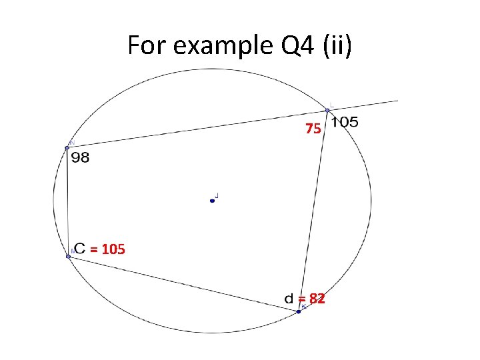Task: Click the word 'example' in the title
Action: pyautogui.click(x=213, y=45)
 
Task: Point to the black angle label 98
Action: pyautogui.click(x=79, y=159)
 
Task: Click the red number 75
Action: pyautogui.click(x=313, y=129)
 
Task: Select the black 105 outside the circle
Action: pyautogui.click(x=345, y=122)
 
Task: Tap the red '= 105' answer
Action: pyautogui.click(x=107, y=250)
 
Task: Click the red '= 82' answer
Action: pyautogui.click(x=311, y=299)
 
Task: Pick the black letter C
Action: pyautogui.click(x=80, y=249)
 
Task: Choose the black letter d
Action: pyautogui.click(x=289, y=299)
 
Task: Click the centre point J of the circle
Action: pyautogui.click(x=212, y=200)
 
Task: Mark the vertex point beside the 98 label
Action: pyautogui.click(x=67, y=147)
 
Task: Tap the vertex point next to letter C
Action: pyautogui.click(x=68, y=256)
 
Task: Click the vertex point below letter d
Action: pyautogui.click(x=299, y=311)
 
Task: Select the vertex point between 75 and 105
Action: pyautogui.click(x=327, y=110)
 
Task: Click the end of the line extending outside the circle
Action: pyautogui.click(x=397, y=101)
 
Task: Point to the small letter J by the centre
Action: pyautogui.click(x=218, y=196)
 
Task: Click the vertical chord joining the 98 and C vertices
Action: pyautogui.click(x=67, y=200)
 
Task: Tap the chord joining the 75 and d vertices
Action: pyautogui.click(x=313, y=210)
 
